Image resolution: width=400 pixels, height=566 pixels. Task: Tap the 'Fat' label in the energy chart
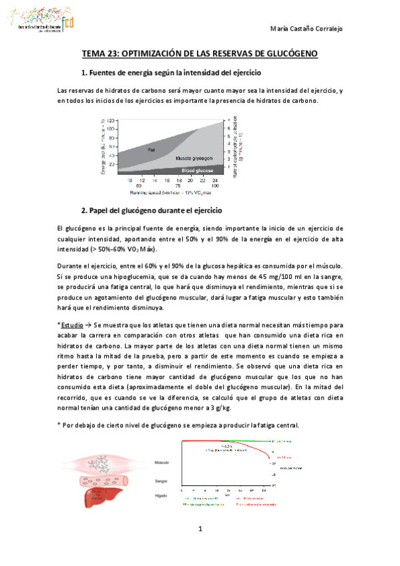tap(152, 150)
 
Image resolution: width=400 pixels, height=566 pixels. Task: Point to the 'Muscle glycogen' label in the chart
tap(195, 159)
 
